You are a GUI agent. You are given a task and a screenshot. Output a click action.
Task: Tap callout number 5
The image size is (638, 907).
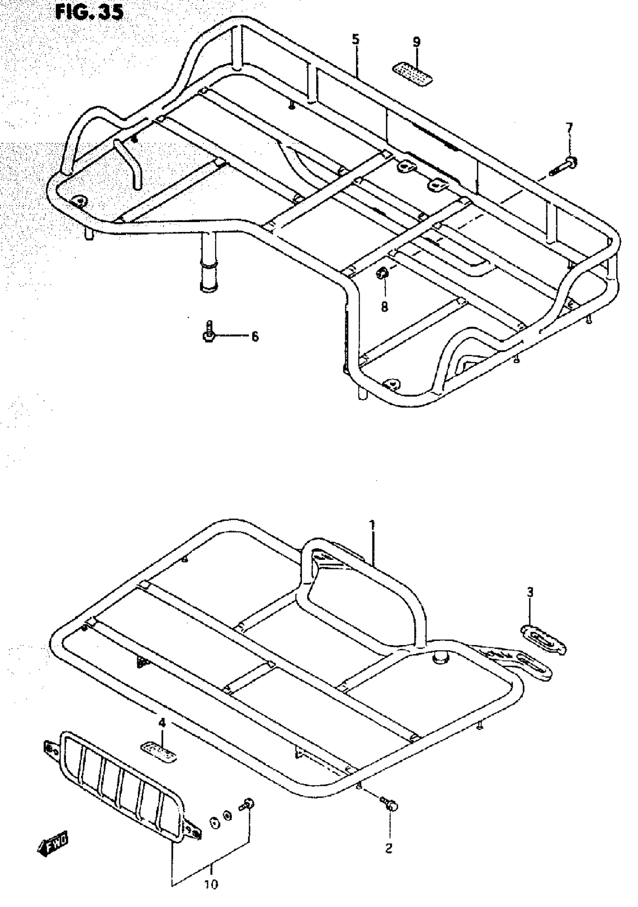point(355,39)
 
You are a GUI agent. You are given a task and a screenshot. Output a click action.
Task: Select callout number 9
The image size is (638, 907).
point(417,42)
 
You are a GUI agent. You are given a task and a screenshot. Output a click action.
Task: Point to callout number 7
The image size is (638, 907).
point(569,128)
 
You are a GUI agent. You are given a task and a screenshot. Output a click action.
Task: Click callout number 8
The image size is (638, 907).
point(384,307)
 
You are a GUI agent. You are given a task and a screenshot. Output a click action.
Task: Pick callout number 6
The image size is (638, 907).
point(255,337)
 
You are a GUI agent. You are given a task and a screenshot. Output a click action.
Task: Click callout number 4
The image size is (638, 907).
point(162,723)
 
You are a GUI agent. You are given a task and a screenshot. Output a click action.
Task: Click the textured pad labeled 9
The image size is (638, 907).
point(412,74)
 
